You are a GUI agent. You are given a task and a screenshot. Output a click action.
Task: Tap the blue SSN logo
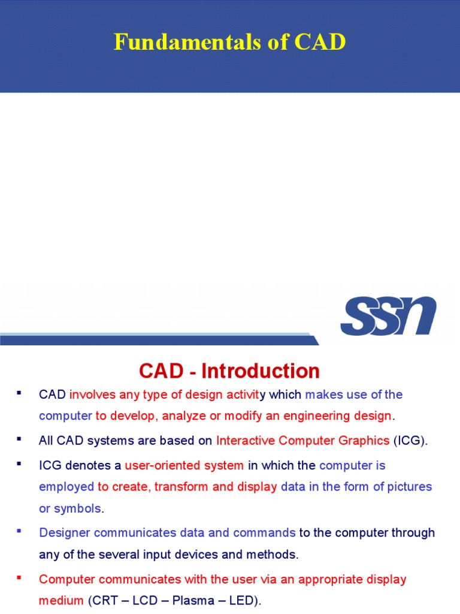pos(388,316)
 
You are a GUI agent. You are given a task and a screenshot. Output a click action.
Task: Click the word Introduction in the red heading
pos(261,371)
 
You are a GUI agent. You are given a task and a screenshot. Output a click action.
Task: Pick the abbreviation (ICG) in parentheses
pos(410,441)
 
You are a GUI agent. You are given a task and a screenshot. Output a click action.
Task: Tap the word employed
pos(66,486)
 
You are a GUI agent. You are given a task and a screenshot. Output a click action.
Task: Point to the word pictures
pos(410,486)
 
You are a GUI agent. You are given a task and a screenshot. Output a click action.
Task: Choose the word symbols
pos(78,508)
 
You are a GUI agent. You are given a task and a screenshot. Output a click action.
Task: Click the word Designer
pos(65,532)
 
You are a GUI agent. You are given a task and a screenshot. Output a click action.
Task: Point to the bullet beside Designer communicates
pos(19,531)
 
